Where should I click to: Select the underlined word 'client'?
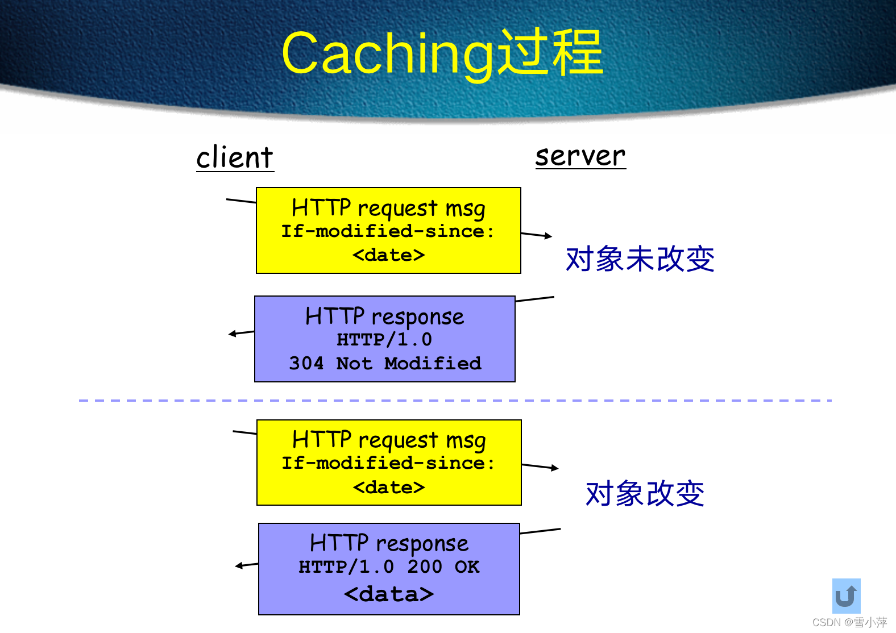[235, 157]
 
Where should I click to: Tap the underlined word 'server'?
[580, 155]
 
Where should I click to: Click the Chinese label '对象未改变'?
[640, 259]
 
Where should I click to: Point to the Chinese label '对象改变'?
[645, 493]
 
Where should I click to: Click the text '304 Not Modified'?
[385, 363]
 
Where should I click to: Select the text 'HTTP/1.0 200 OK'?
[389, 567]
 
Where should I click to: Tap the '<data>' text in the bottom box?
[389, 594]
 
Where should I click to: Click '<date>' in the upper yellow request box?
[388, 255]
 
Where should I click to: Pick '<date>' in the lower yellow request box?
[389, 488]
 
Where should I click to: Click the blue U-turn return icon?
[846, 595]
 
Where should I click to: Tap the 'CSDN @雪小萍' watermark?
[849, 622]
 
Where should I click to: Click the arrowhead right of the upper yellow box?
[548, 236]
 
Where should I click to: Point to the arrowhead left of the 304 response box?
[232, 334]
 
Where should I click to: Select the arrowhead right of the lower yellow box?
[555, 468]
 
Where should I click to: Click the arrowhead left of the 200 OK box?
[239, 566]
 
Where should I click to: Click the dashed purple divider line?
[455, 401]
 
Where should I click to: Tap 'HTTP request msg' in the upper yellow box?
[388, 209]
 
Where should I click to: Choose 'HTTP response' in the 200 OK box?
[389, 544]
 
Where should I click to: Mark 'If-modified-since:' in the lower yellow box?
[388, 463]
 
